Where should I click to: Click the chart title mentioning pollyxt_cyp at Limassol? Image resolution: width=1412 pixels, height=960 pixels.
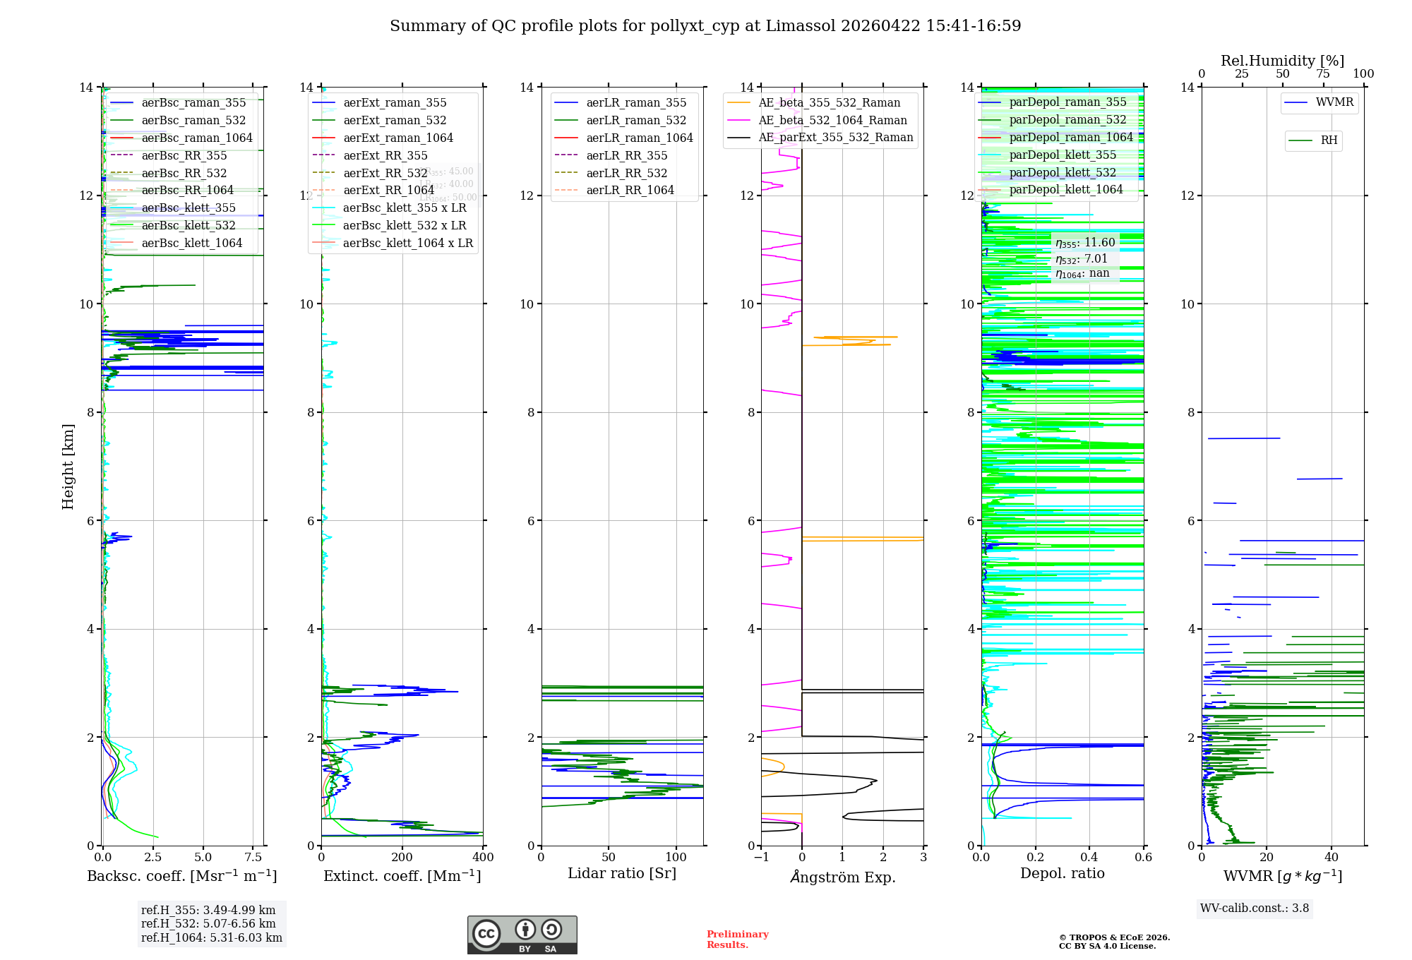pos(705,26)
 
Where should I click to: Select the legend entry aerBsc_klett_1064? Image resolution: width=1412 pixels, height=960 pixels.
pos(191,243)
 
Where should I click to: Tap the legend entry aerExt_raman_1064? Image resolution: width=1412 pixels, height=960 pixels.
pos(398,138)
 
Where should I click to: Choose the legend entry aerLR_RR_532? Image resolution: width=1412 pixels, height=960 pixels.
pos(626,173)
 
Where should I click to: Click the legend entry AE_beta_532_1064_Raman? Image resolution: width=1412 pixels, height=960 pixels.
pos(832,120)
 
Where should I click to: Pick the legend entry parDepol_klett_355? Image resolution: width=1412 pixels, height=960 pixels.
pos(1063,155)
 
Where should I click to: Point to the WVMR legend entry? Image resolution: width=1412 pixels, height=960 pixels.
pos(1334,102)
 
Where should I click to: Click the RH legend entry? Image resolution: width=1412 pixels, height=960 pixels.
pos(1329,140)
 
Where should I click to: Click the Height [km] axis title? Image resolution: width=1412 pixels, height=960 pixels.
pos(68,466)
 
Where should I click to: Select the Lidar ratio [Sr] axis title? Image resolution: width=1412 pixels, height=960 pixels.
pos(622,873)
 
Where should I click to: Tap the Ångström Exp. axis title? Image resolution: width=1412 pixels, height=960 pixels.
pos(842,877)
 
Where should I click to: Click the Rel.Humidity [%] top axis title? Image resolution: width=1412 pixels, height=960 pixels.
pos(1282,61)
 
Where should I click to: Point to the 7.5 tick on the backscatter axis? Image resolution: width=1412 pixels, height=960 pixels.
pos(253,858)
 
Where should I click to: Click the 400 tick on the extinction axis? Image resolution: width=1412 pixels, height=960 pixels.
pos(483,858)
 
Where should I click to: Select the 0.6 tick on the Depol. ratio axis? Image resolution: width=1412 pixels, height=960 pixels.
pos(1143,858)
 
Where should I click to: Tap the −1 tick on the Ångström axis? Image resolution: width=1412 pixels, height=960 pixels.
pos(761,858)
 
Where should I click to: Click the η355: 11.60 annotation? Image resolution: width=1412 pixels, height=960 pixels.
pos(1085,243)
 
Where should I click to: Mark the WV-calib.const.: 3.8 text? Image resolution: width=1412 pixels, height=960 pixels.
pos(1255,908)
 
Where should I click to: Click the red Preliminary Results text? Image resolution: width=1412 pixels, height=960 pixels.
pos(737,939)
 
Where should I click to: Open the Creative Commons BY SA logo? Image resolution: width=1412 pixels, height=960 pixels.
pos(522,935)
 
